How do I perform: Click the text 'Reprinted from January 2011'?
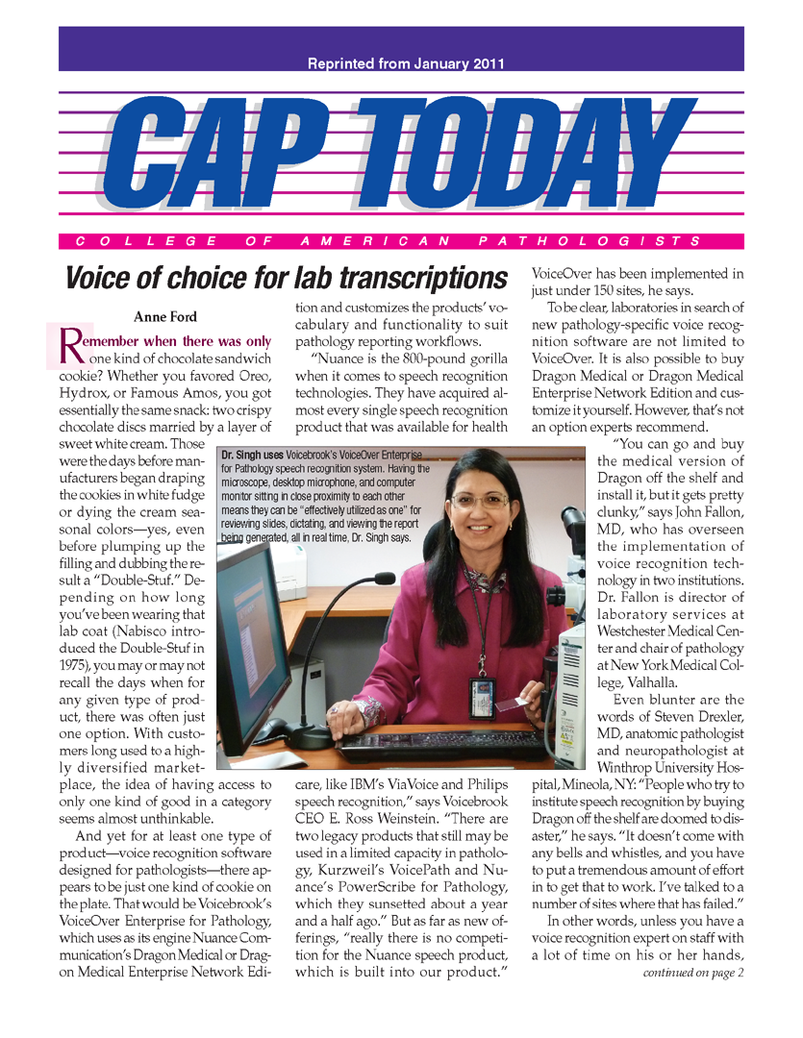[x=406, y=64]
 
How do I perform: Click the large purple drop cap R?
[x=73, y=346]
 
